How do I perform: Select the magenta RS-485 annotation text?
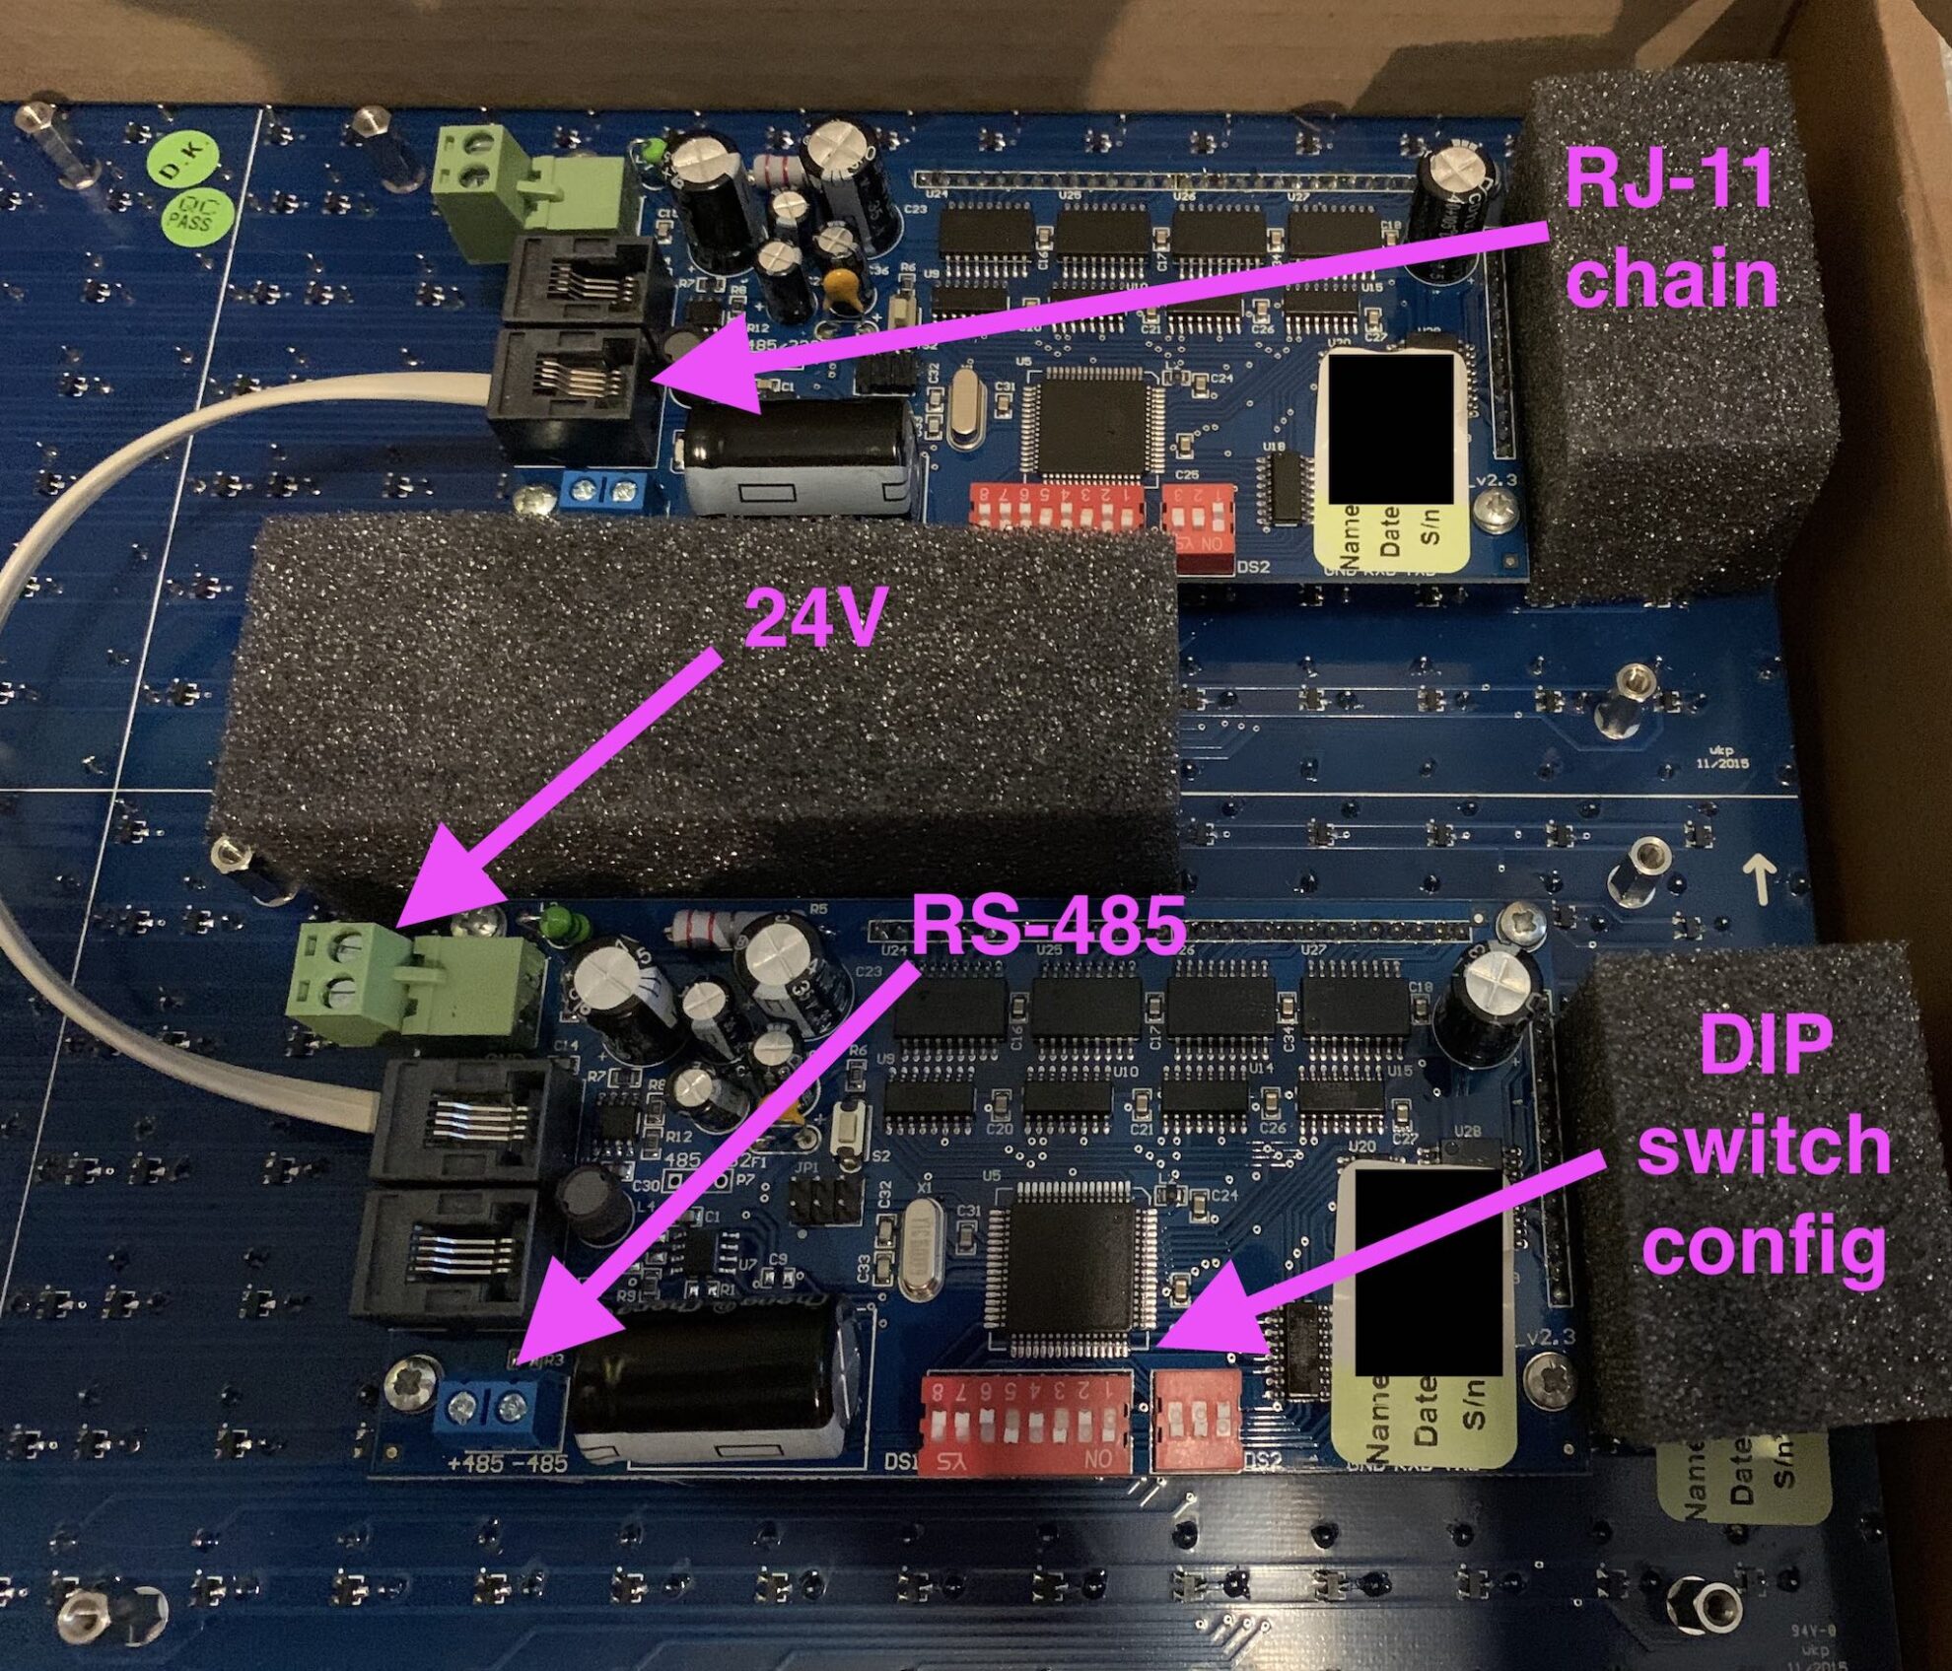coord(1048,925)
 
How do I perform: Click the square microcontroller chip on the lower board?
coord(1074,1267)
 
